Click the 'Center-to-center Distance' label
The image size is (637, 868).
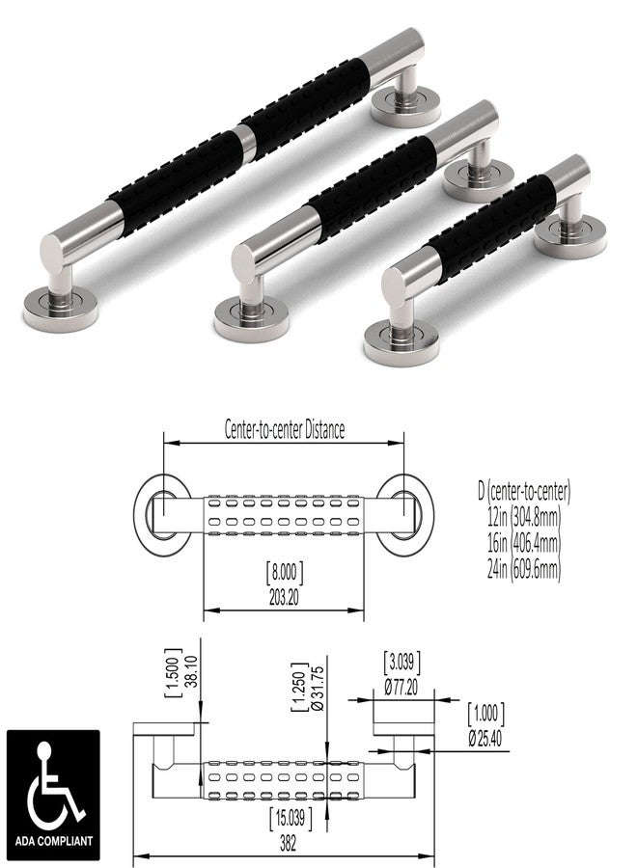coord(284,429)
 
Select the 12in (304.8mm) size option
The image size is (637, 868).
coord(524,517)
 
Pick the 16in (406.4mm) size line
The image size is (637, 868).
coord(524,542)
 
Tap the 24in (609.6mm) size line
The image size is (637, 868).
coord(524,568)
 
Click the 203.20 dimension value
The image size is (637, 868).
coord(284,598)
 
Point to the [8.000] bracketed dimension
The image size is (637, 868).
coord(285,572)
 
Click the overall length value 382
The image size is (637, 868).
coord(288,843)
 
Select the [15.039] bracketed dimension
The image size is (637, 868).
coord(291,819)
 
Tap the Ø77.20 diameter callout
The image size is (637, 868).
coord(402,688)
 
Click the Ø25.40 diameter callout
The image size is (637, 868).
coord(485,739)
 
